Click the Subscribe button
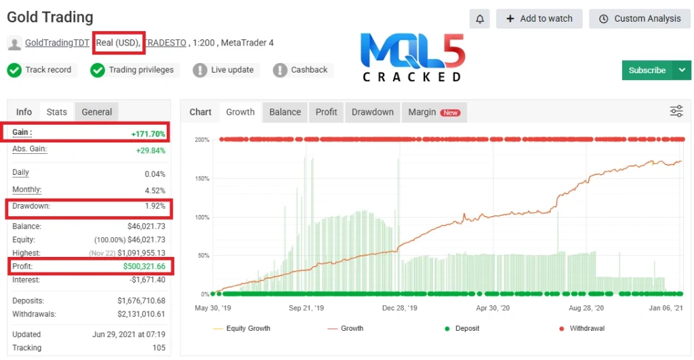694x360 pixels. point(647,71)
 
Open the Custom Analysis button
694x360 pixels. point(640,19)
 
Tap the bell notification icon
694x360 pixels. point(480,19)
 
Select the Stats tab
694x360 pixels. point(57,112)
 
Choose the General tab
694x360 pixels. point(97,112)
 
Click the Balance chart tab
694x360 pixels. point(285,112)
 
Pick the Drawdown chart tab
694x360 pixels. point(373,112)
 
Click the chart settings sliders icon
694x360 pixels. point(676,112)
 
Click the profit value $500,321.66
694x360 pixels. point(144,266)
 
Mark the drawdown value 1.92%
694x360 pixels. point(155,205)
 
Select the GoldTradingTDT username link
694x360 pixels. point(57,43)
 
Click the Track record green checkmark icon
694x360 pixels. point(14,70)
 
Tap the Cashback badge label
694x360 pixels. point(309,70)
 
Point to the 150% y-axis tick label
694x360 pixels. point(201,178)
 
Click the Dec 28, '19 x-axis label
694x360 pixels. point(399,308)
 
